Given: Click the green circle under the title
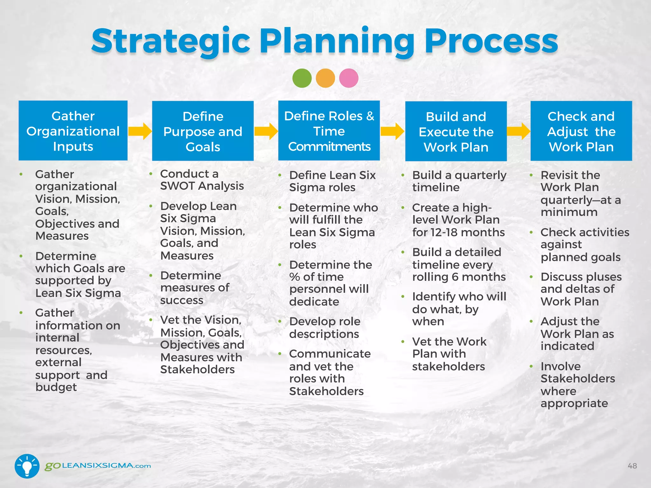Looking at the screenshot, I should click(x=302, y=78).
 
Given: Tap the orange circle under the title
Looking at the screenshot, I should click(x=325, y=78).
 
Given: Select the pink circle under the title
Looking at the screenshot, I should click(x=349, y=78).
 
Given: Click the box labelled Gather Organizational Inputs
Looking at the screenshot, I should click(x=73, y=131).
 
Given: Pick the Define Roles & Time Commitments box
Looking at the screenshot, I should click(x=329, y=131).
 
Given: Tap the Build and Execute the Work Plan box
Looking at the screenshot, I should click(x=456, y=132).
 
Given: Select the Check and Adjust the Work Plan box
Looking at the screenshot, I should click(x=581, y=131).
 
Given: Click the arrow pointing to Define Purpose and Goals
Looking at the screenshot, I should click(x=140, y=131).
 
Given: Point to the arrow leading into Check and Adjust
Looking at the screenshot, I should click(x=518, y=131).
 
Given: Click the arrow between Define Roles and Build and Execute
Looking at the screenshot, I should click(x=392, y=131).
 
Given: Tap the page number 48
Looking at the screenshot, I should click(x=632, y=466).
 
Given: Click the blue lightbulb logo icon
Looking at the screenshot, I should click(x=27, y=466).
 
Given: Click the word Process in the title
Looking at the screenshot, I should click(x=491, y=41).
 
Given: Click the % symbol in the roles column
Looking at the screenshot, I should click(x=294, y=277).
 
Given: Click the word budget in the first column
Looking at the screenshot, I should click(x=56, y=387).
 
